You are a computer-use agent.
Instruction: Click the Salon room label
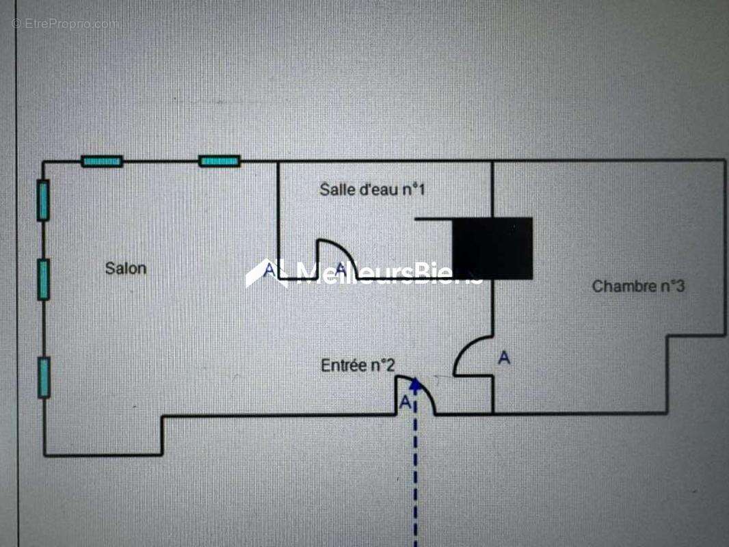(126, 268)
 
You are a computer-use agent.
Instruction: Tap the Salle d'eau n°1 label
(373, 189)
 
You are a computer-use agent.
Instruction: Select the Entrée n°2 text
(358, 365)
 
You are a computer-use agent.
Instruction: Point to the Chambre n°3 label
(638, 286)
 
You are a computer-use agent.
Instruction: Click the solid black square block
(493, 248)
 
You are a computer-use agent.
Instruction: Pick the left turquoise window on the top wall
(102, 161)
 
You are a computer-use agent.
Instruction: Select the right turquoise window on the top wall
(220, 161)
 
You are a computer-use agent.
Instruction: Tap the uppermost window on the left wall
(43, 200)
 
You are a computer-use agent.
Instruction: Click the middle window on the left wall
(43, 279)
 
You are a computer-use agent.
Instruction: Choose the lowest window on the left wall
(44, 377)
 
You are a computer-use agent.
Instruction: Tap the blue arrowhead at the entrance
(416, 384)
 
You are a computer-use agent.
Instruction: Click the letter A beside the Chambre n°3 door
(505, 358)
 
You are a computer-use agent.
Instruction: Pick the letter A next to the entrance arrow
(405, 402)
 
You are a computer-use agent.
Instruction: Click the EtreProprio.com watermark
(64, 24)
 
